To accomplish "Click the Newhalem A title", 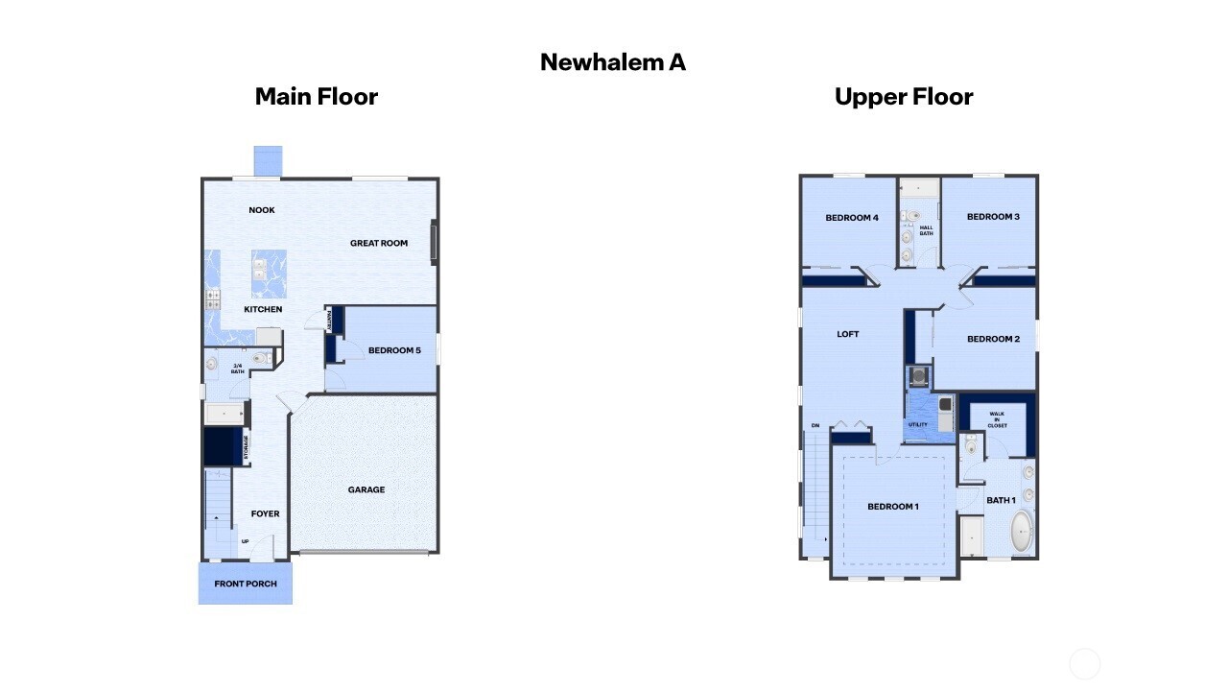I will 613,62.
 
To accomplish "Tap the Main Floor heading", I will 316,97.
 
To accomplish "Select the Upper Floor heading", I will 904,97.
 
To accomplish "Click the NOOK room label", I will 262,210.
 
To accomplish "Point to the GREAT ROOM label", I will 379,243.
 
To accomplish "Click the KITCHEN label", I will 263,309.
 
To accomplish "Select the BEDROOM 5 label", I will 394,350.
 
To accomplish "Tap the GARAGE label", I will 366,489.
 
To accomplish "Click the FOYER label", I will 265,513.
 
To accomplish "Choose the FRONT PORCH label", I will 246,584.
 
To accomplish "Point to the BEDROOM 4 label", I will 852,218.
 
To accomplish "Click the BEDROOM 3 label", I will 993,217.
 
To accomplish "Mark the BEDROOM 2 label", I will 993,339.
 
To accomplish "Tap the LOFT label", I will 848,334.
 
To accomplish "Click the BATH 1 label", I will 1001,500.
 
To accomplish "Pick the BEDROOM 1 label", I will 893,506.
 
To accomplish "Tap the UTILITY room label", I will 917,424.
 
